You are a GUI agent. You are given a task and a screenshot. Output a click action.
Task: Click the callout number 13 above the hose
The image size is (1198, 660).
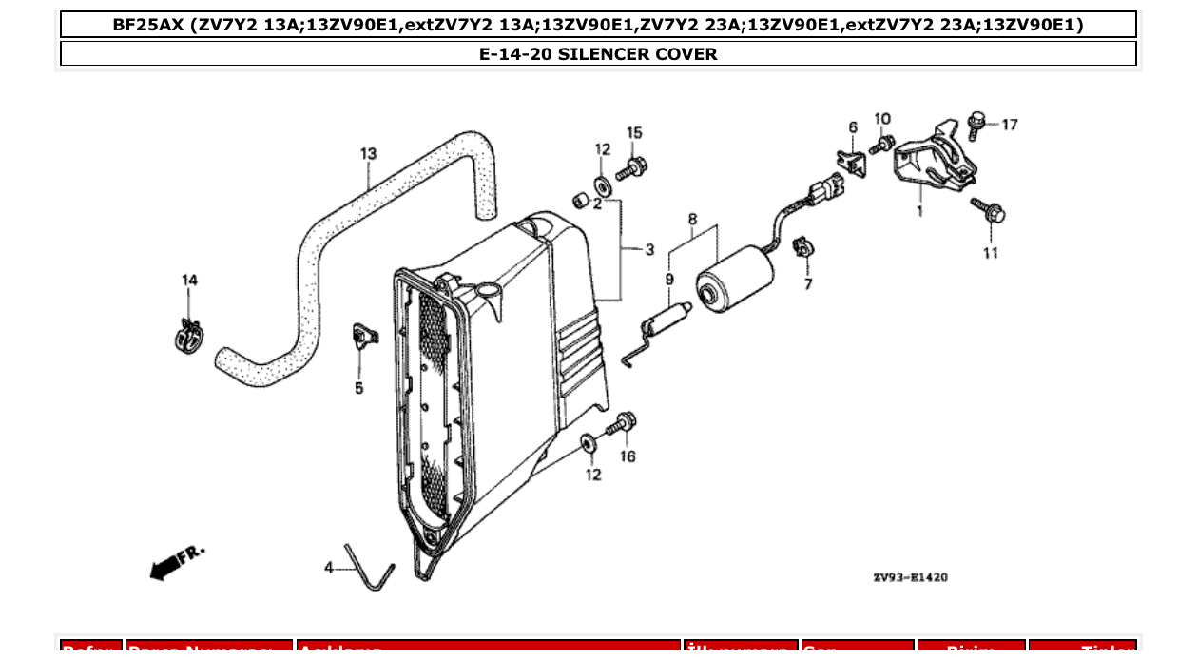[368, 153]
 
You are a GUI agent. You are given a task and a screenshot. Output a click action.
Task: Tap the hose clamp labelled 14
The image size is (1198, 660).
[190, 334]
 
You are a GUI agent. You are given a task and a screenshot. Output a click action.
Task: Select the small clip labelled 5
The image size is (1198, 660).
[363, 335]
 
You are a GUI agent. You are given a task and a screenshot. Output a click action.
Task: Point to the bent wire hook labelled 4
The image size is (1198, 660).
[369, 568]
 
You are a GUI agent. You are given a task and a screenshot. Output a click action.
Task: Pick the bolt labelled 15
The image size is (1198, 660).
[630, 169]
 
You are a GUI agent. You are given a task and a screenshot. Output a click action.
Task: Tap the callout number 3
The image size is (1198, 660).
[649, 250]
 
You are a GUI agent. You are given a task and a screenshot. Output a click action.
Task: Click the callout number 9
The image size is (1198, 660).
[668, 280]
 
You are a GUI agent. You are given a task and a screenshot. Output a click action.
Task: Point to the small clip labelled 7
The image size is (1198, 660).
[802, 249]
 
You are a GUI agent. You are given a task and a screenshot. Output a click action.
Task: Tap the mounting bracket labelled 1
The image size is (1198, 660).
[934, 164]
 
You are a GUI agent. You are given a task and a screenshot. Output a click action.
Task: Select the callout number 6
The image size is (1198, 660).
[852, 127]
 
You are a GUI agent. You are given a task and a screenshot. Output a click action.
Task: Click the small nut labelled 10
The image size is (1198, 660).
[882, 145]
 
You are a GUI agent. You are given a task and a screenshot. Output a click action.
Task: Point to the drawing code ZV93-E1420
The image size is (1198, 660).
[910, 577]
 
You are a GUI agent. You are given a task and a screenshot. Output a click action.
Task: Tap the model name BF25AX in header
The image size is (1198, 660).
[147, 25]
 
